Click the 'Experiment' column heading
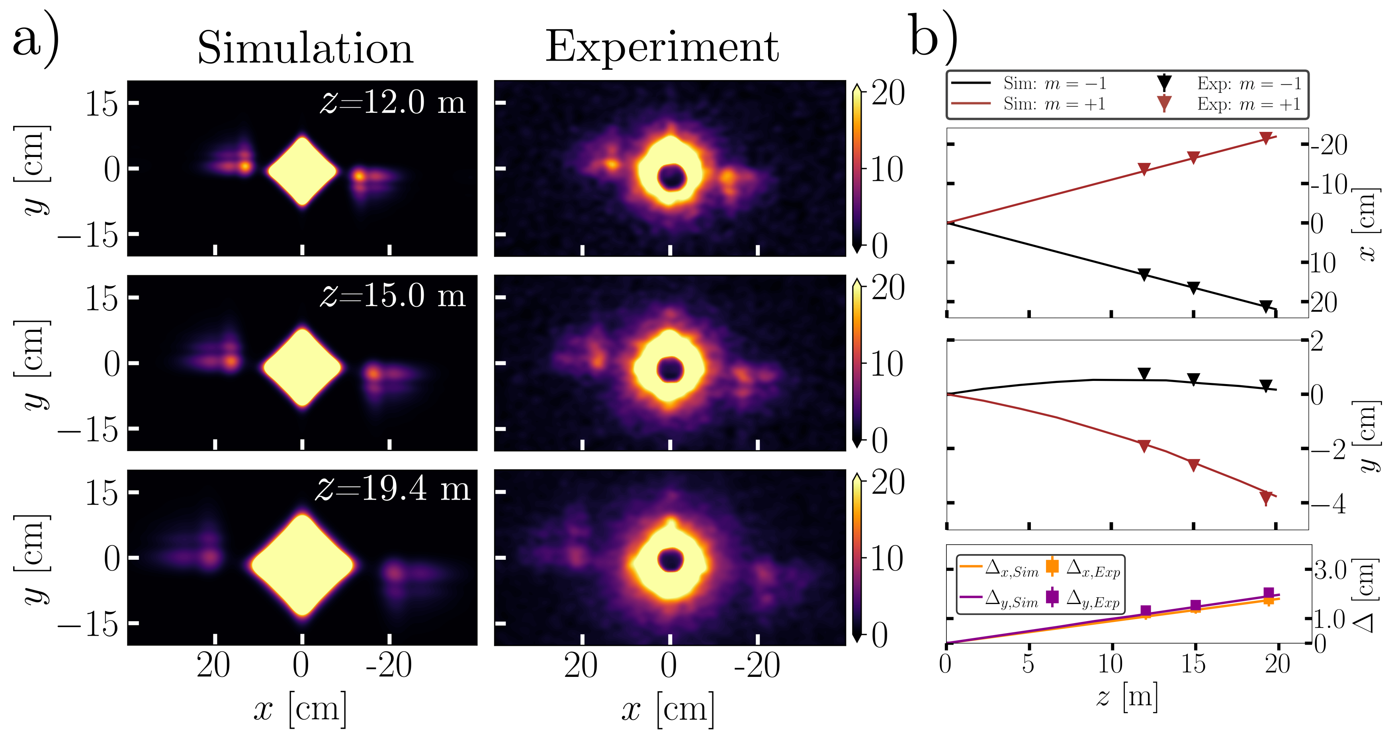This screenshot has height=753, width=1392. point(662,47)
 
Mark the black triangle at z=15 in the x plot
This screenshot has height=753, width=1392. point(1194,288)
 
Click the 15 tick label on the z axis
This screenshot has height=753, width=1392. point(1193,664)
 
